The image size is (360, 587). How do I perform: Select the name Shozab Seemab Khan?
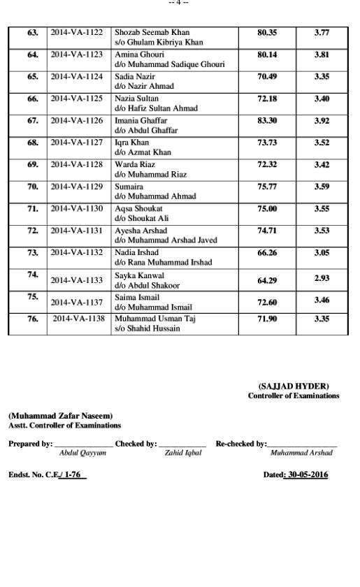(152, 32)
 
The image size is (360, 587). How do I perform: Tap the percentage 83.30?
(267, 120)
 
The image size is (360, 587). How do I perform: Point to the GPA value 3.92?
(322, 120)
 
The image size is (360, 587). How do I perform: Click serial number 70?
(32, 187)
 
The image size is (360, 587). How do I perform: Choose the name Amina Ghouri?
(136, 55)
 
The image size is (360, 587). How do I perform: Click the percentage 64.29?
(267, 280)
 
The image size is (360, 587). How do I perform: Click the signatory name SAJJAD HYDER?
(293, 386)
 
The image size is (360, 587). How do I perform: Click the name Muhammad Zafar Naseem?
(60, 416)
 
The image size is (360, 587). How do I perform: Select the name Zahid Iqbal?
(183, 452)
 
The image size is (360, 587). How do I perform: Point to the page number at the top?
(180, 3)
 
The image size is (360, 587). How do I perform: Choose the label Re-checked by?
(240, 443)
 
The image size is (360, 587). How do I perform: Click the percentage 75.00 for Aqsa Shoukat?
(267, 208)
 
